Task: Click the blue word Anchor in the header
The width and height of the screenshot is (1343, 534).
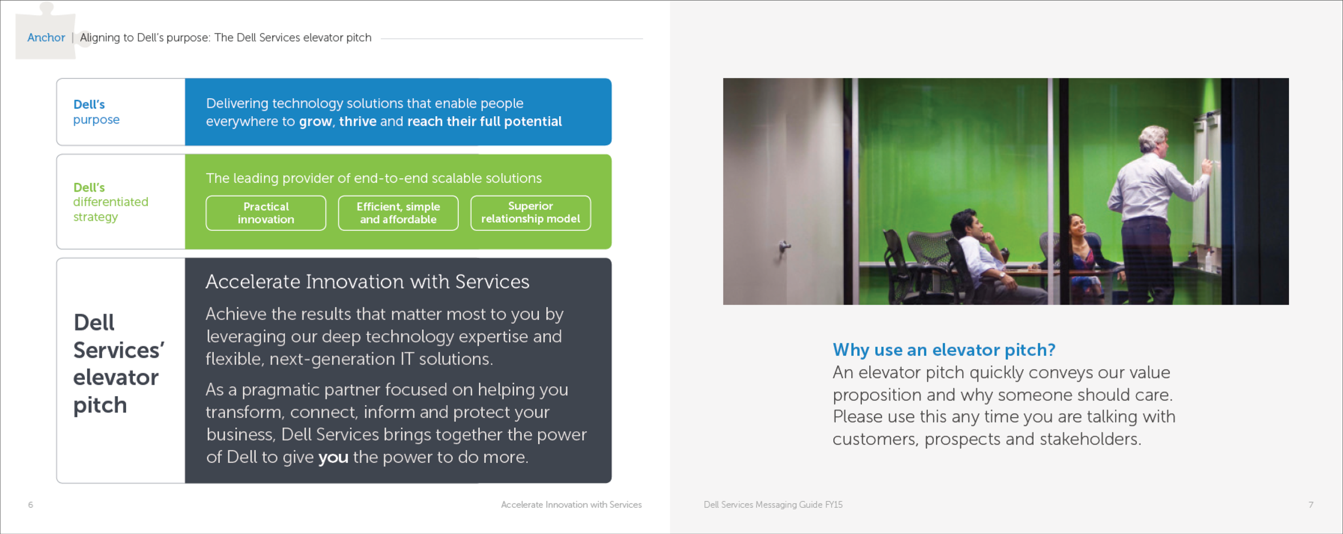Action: coord(46,38)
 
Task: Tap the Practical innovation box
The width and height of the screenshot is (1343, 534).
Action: coord(266,213)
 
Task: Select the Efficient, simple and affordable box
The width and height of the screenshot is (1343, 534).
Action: coord(398,213)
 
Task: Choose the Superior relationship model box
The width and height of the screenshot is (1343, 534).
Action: coord(531,213)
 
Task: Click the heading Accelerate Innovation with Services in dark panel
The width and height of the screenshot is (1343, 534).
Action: coord(367,282)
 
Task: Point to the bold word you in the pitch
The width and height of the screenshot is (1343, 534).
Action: coord(333,458)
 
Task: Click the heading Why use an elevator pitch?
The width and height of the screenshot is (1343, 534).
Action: coord(944,350)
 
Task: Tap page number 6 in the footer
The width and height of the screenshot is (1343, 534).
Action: coord(31,505)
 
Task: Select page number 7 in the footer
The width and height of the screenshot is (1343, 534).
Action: coord(1311,505)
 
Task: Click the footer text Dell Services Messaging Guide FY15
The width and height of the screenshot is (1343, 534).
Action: coord(773,505)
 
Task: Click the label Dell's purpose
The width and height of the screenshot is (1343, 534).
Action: coord(97,112)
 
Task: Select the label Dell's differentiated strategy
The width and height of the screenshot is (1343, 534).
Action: coord(111,202)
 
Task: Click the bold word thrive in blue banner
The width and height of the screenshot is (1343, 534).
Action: coord(358,122)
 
